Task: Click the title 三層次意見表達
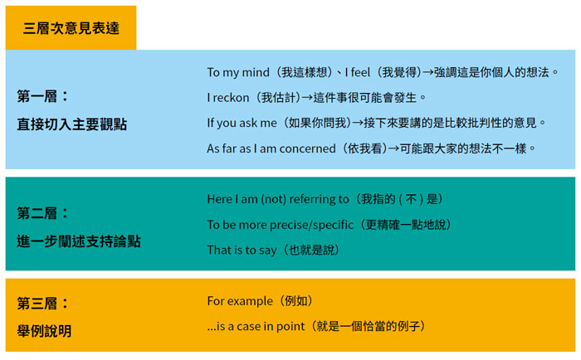(71, 28)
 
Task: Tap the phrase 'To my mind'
(238, 72)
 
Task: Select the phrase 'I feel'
(357, 72)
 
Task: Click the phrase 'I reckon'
(228, 98)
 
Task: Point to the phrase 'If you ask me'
(242, 123)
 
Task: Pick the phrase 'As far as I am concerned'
(271, 148)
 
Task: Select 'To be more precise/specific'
(281, 225)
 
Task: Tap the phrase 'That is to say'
(242, 251)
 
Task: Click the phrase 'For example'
(240, 301)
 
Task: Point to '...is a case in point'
(256, 326)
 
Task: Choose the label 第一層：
(43, 96)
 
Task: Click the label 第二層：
(43, 213)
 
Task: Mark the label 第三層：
(43, 304)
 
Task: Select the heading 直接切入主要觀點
(72, 124)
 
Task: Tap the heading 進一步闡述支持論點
(79, 241)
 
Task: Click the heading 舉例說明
(45, 331)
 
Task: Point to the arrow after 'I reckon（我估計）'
(307, 98)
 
